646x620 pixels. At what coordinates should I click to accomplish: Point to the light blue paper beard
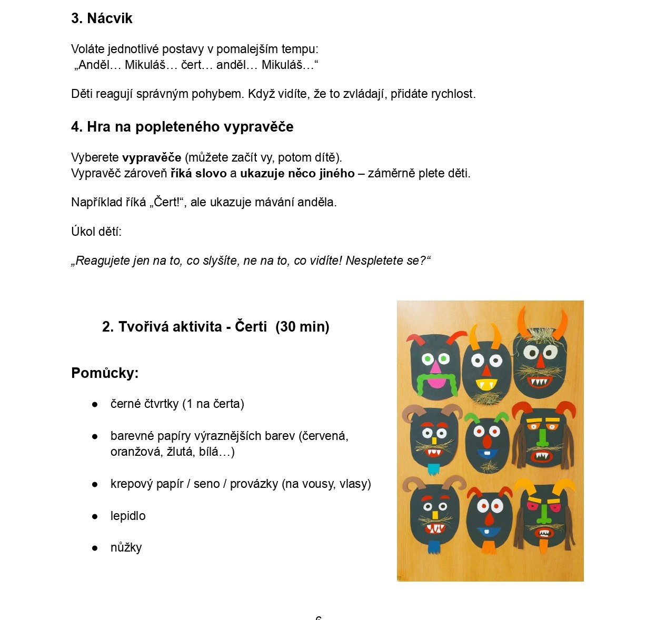(433, 468)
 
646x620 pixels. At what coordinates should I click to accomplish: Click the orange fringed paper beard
(489, 547)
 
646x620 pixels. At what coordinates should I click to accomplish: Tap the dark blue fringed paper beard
(434, 546)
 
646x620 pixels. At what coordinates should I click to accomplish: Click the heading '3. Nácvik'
(102, 18)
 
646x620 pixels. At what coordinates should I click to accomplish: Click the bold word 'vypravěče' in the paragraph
(152, 157)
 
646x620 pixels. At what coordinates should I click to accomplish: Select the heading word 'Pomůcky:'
(105, 373)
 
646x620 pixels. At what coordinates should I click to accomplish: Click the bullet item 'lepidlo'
(128, 516)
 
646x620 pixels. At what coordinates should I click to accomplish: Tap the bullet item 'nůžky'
(126, 547)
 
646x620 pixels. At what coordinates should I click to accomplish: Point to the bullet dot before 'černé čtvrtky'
(95, 404)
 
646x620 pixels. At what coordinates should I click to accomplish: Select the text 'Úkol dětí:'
(96, 232)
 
